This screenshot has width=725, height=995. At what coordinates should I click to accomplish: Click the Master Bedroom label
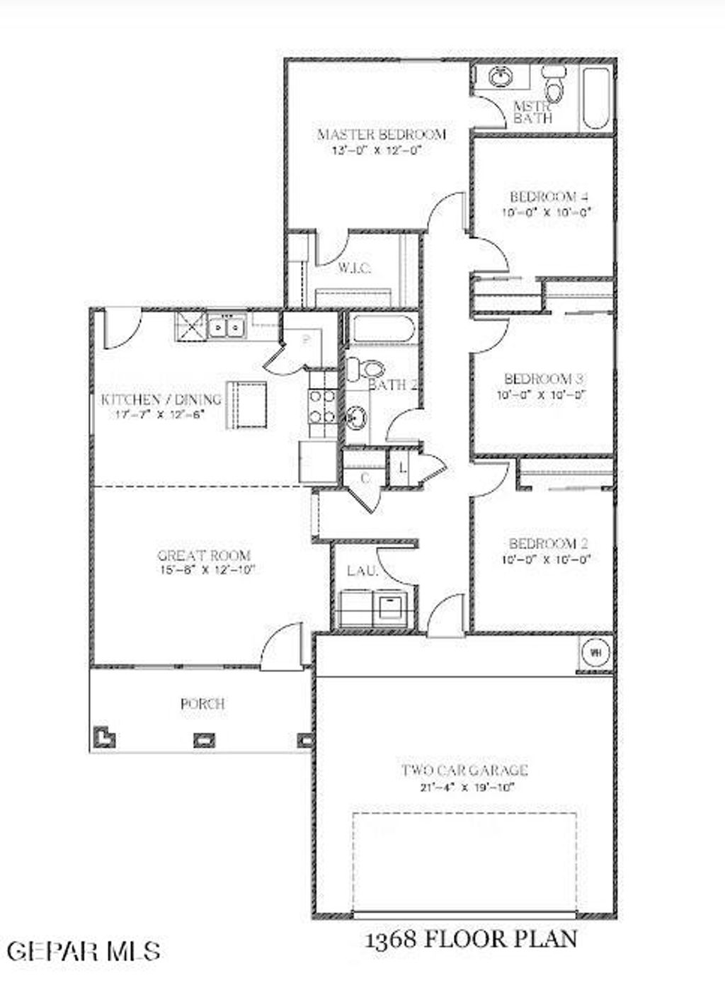pyautogui.click(x=381, y=135)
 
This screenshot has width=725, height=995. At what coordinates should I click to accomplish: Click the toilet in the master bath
pyautogui.click(x=553, y=86)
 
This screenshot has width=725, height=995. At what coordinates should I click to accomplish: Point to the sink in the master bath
pyautogui.click(x=502, y=76)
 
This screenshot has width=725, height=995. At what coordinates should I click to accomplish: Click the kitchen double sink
pyautogui.click(x=226, y=327)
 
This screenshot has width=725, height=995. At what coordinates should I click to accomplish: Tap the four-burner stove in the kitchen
pyautogui.click(x=322, y=407)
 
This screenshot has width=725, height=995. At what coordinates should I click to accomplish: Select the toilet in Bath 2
pyautogui.click(x=366, y=368)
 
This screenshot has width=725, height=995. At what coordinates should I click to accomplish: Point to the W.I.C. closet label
pyautogui.click(x=355, y=268)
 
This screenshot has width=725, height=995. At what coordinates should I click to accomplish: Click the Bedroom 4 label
pyautogui.click(x=549, y=197)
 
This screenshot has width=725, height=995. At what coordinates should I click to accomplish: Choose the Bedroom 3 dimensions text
pyautogui.click(x=542, y=394)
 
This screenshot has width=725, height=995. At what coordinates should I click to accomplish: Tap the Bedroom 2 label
pyautogui.click(x=549, y=544)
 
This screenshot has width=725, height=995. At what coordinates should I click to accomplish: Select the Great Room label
pyautogui.click(x=204, y=555)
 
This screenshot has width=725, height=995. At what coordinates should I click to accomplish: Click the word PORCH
pyautogui.click(x=202, y=704)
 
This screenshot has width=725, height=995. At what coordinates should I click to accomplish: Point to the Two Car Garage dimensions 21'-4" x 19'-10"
pyautogui.click(x=464, y=786)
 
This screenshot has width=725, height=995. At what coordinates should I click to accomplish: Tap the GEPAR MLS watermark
pyautogui.click(x=84, y=950)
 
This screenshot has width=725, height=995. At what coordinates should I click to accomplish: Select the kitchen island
pyautogui.click(x=246, y=404)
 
